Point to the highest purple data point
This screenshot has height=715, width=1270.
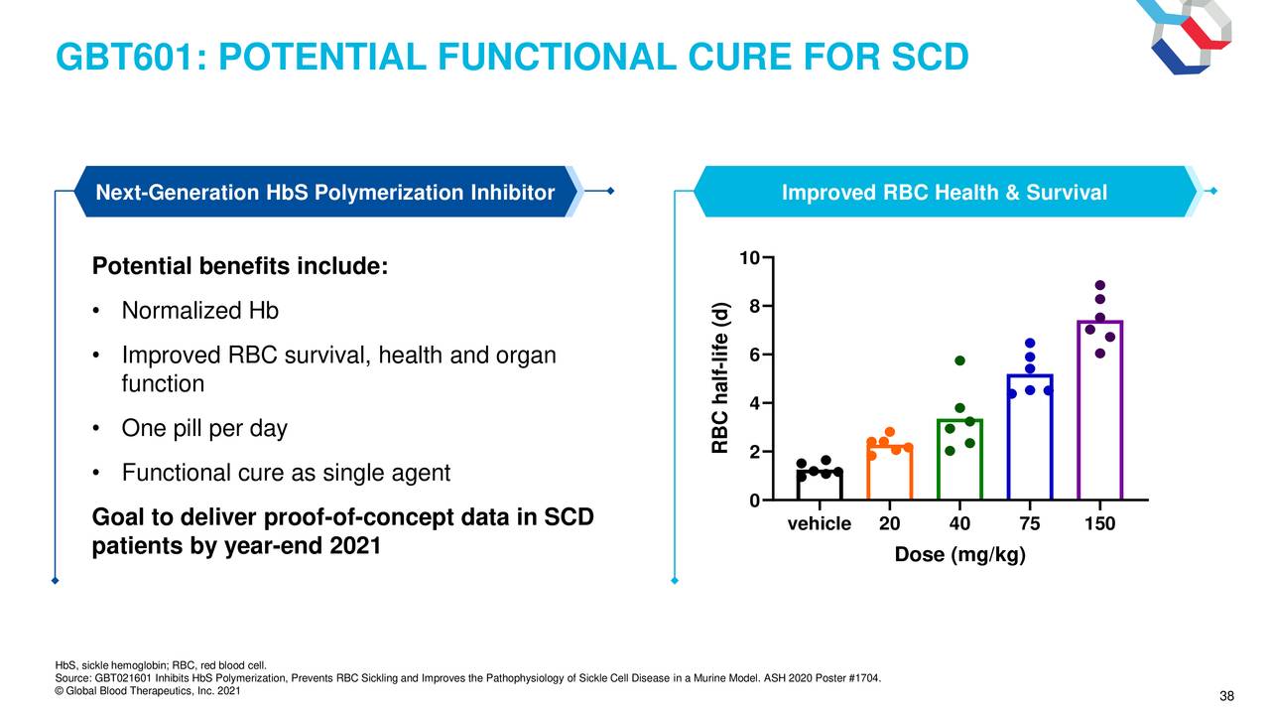[x=1100, y=285]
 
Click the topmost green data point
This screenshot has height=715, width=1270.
[x=959, y=360]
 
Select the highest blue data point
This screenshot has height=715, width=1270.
[x=1030, y=343]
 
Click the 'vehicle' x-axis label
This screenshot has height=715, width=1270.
[x=820, y=523]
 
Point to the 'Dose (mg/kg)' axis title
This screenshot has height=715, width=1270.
[x=959, y=554]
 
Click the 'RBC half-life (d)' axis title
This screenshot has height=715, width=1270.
[x=719, y=377]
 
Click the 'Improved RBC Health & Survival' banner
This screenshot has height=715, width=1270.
[x=945, y=192]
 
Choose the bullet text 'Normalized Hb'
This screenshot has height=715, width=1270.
[x=200, y=311]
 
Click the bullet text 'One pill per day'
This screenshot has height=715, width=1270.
[x=204, y=428]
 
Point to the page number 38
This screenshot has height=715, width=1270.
[x=1226, y=696]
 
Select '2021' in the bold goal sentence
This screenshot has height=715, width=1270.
[x=355, y=546]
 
